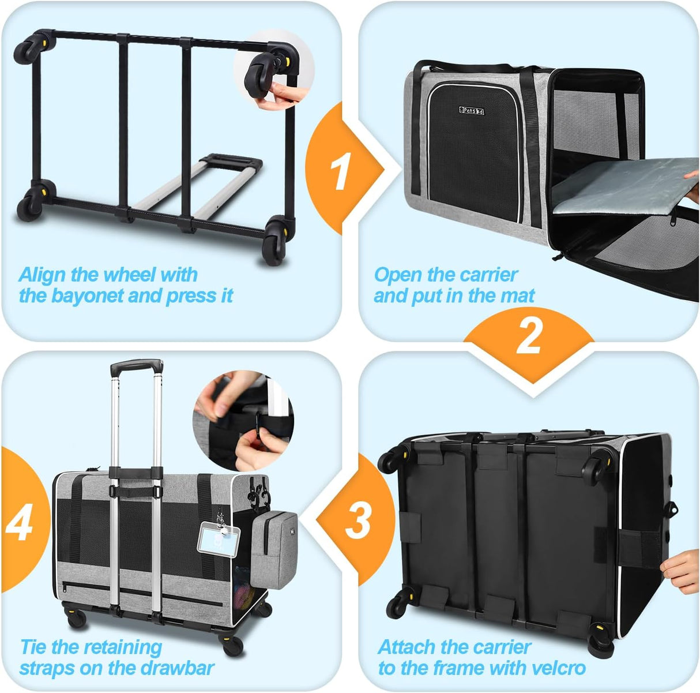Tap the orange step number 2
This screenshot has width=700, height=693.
point(529,336)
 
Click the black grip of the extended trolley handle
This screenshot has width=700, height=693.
point(137,366)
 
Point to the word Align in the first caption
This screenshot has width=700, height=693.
point(43,275)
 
